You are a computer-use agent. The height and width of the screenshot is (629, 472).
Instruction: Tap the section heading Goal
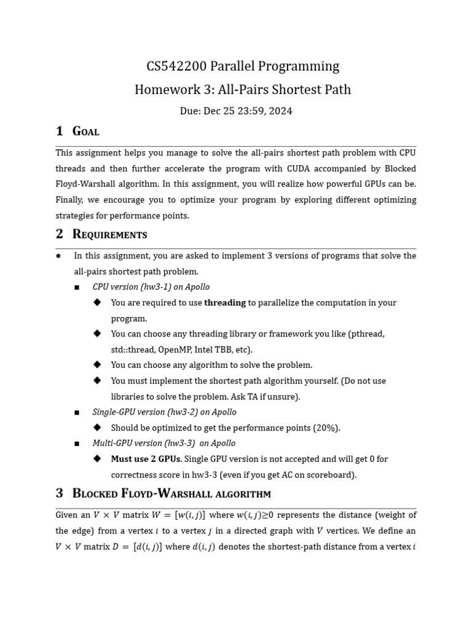tap(85, 131)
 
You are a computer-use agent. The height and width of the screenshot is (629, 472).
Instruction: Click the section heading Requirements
tap(109, 234)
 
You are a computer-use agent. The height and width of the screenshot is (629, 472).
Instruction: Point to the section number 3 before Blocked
tap(60, 493)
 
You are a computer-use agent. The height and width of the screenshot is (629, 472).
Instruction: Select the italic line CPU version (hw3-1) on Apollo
tap(151, 287)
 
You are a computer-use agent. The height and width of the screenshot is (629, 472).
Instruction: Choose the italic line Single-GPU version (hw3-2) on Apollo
tap(164, 412)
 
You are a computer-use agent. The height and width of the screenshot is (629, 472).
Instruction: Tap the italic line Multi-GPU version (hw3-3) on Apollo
tap(163, 443)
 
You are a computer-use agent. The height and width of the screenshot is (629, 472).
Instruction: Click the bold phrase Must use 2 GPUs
tap(146, 459)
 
